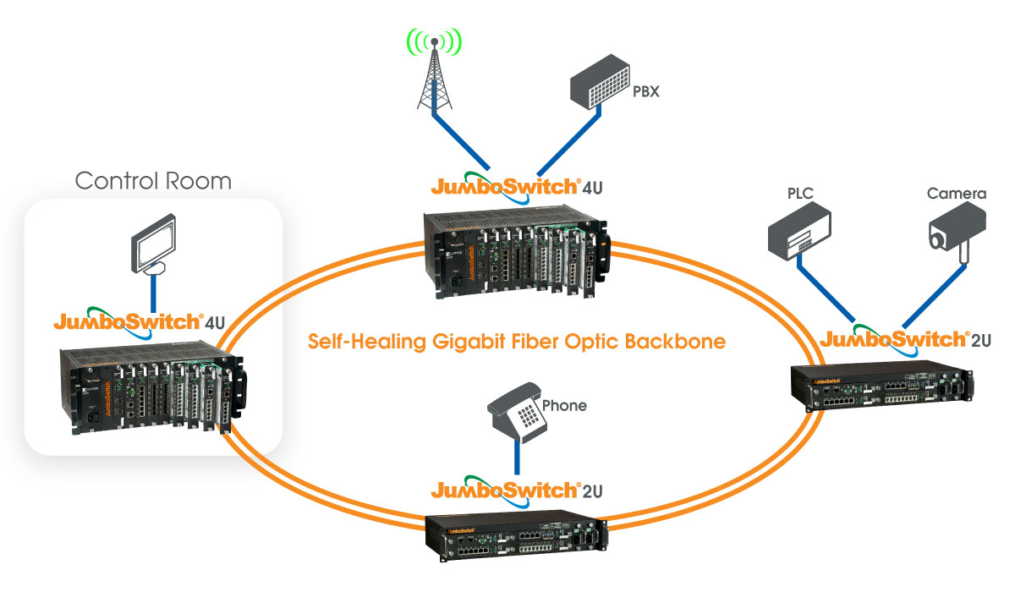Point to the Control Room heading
click(x=153, y=180)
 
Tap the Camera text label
click(x=957, y=195)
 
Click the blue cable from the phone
click(x=516, y=457)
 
